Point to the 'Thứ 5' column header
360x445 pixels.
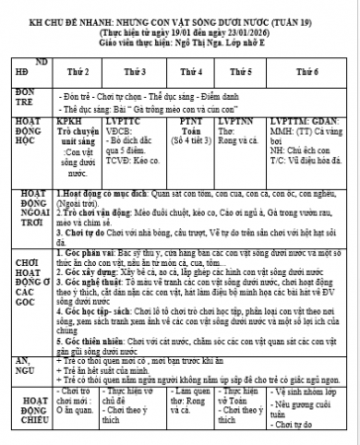click(x=240, y=72)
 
